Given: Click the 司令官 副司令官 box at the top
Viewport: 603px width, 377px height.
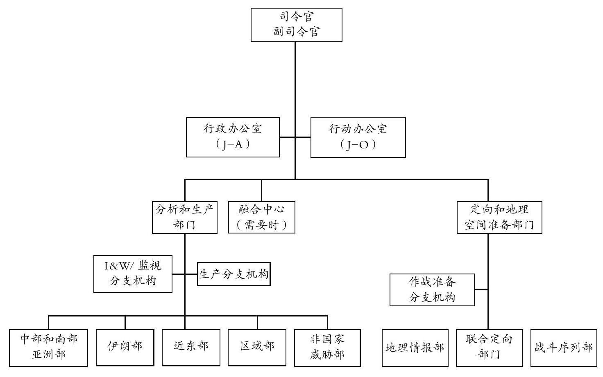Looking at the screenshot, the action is coord(297,25).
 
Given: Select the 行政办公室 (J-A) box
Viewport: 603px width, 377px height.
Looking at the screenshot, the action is coord(233,137).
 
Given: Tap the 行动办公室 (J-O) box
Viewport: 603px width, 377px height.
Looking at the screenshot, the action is coord(358,137).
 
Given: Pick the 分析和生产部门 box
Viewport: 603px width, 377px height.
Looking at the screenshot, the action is coord(185,218).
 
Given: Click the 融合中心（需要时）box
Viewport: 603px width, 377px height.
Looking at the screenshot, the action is coord(261,217).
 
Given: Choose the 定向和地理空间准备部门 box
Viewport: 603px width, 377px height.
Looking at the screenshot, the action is coord(499,218).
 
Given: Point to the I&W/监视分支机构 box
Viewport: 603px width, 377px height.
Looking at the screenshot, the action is coord(133,274).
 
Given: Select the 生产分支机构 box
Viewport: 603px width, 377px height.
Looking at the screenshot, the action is coord(233,274).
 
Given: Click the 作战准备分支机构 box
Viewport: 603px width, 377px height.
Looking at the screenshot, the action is coord(432,289).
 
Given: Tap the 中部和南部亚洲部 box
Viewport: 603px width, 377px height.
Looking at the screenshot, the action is coord(48,348).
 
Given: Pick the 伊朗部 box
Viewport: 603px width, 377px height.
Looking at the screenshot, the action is coord(125,348).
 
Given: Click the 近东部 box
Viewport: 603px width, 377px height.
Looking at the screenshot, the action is coord(191,348).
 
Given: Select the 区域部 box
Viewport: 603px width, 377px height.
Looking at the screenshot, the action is coord(257,348).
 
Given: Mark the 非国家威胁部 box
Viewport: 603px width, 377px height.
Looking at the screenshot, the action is coord(327,348).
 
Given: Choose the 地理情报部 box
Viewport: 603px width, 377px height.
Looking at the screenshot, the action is coord(415,348).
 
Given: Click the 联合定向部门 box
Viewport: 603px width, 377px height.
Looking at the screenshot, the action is coord(489,348).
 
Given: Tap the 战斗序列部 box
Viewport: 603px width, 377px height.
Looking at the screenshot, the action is coord(564,348).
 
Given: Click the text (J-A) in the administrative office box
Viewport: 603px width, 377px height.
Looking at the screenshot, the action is coord(233,145).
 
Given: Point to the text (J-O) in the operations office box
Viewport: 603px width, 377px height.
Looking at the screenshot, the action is coord(358,145).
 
